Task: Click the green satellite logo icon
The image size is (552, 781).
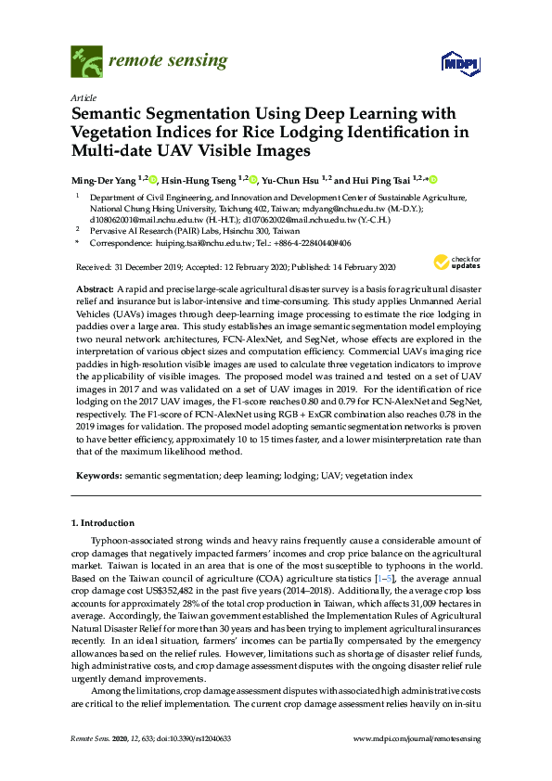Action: click(x=86, y=63)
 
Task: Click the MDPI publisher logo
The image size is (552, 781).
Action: click(x=459, y=63)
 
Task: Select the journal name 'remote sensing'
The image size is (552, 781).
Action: click(x=168, y=62)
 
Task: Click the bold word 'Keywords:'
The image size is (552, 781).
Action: click(x=97, y=476)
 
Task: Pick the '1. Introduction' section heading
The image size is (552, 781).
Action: click(x=102, y=523)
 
